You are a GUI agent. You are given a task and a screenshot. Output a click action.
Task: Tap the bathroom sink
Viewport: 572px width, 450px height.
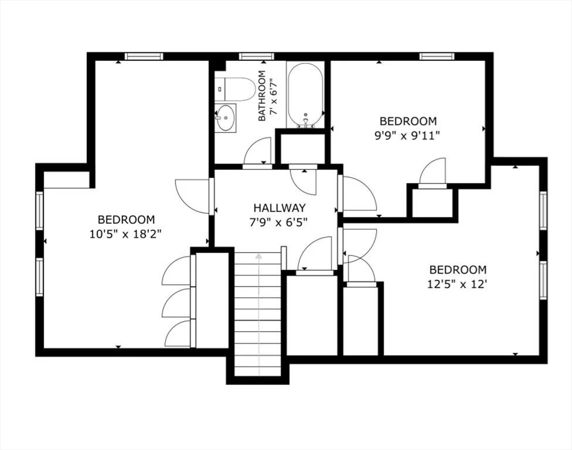(x=225, y=118)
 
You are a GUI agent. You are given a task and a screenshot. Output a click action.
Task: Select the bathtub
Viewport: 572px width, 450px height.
(x=305, y=94)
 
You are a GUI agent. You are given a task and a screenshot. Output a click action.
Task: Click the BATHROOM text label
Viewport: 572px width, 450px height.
(x=262, y=96)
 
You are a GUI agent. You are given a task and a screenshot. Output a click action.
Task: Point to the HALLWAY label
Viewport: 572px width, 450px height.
(x=279, y=207)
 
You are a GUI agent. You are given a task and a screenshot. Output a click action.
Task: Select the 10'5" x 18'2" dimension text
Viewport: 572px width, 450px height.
(x=126, y=233)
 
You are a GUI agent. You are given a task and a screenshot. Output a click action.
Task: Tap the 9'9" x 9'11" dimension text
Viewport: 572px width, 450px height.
(x=408, y=135)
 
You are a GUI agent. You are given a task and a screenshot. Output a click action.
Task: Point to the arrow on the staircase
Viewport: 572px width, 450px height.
(x=258, y=305)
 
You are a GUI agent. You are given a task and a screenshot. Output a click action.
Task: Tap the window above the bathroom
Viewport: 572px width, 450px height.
(x=256, y=56)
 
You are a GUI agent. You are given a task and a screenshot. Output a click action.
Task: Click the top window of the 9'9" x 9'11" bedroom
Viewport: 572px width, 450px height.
(x=437, y=56)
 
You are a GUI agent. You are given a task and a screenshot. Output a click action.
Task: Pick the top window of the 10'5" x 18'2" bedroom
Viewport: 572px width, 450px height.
(x=144, y=56)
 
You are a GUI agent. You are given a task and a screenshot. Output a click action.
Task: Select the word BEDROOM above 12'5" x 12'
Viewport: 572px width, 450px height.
(x=458, y=270)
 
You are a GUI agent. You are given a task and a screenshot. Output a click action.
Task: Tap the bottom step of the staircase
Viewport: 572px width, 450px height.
(x=258, y=371)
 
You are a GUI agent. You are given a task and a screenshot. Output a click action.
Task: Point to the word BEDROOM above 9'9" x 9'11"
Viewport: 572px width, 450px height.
(x=408, y=121)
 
